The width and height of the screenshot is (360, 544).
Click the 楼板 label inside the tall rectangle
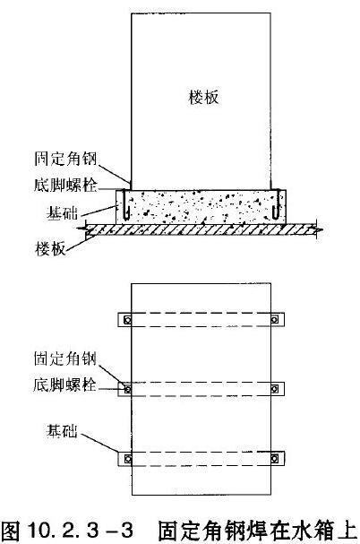[204, 97]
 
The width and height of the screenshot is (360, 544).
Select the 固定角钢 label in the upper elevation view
[65, 159]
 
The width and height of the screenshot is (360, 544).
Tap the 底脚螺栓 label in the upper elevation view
[65, 185]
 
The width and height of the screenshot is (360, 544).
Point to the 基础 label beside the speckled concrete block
[62, 212]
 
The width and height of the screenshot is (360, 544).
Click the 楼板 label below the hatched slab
[51, 249]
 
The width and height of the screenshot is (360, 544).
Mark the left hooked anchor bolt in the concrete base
[126, 204]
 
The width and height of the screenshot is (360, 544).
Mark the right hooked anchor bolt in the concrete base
[276, 204]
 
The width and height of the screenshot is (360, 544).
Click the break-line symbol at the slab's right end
[317, 229]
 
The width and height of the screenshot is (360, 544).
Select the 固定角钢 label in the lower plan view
[65, 358]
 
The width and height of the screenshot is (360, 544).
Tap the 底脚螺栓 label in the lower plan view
[65, 384]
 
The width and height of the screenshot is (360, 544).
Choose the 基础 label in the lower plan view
[62, 431]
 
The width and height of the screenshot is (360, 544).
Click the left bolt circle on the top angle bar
[128, 320]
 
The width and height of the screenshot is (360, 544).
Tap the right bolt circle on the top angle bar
[274, 319]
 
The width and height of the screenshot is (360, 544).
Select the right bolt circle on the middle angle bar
[274, 389]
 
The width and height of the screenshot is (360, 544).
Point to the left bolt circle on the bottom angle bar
[128, 459]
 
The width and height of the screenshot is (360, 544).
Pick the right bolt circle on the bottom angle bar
[274, 459]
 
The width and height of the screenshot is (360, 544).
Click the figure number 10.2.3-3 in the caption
[81, 531]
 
